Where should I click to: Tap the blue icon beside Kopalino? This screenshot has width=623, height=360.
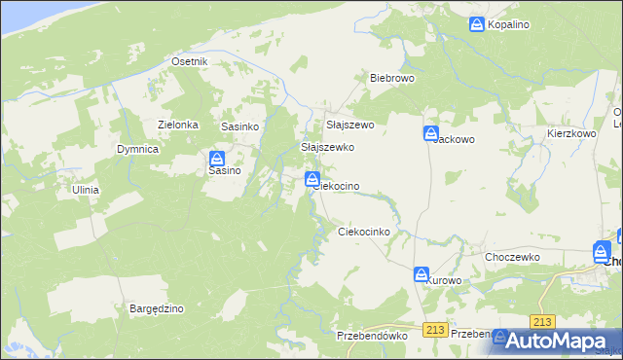[477, 24]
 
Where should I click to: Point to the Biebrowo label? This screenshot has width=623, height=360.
[392, 77]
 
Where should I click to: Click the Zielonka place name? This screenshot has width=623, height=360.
[178, 125]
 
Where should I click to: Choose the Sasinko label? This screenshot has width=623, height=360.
[238, 126]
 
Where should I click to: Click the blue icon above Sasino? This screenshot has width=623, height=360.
[218, 159]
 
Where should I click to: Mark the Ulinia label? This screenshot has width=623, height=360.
[86, 190]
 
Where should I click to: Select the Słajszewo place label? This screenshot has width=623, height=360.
[349, 125]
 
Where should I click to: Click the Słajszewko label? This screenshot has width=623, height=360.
[327, 147]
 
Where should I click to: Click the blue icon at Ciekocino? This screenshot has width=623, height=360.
[312, 178]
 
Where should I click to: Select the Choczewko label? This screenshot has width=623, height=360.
[512, 257]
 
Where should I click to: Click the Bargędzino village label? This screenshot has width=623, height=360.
[157, 308]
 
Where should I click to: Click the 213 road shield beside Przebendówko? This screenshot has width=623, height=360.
[435, 331]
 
